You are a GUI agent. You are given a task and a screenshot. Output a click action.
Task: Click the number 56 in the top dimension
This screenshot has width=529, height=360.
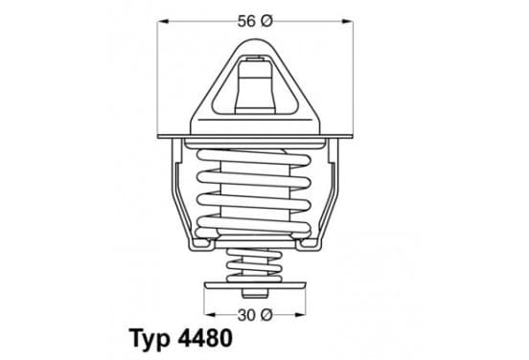pos(246,22)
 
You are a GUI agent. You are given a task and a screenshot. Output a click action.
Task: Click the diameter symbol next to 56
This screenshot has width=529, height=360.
pos(266,22)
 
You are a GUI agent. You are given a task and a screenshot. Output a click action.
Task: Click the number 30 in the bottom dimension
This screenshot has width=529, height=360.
pos(246,316)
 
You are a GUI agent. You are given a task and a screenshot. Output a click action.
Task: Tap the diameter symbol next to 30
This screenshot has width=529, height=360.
pos(266,316)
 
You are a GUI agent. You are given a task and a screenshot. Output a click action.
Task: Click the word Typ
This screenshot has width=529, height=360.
pos(149,339)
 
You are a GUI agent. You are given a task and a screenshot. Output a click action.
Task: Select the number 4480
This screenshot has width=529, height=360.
pos(205,338)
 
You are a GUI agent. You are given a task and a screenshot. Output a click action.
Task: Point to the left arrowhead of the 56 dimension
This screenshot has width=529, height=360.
pos(163,22)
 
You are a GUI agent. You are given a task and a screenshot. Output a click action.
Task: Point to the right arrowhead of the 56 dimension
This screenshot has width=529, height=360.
pos(348,22)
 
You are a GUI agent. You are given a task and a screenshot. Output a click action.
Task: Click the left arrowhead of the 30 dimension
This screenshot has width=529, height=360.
pos(210,315)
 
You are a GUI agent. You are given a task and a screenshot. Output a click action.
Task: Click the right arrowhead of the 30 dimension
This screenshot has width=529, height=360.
pos(300,315)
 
